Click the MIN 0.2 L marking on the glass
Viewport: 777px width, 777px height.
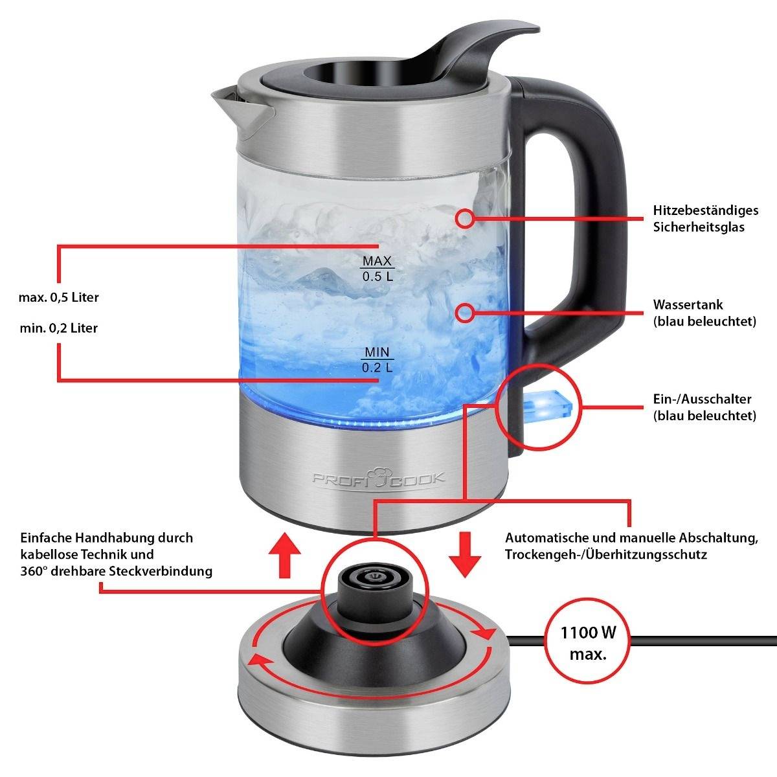point(377,360)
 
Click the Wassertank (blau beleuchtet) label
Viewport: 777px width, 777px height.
point(704,313)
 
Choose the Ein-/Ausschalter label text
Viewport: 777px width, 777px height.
point(704,407)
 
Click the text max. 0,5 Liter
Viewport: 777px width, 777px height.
point(59,298)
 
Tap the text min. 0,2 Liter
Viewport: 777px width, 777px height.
point(59,328)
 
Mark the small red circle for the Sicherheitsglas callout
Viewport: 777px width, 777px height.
point(464,218)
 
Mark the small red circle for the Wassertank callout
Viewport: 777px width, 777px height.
point(464,313)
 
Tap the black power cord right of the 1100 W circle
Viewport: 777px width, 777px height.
point(706,641)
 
